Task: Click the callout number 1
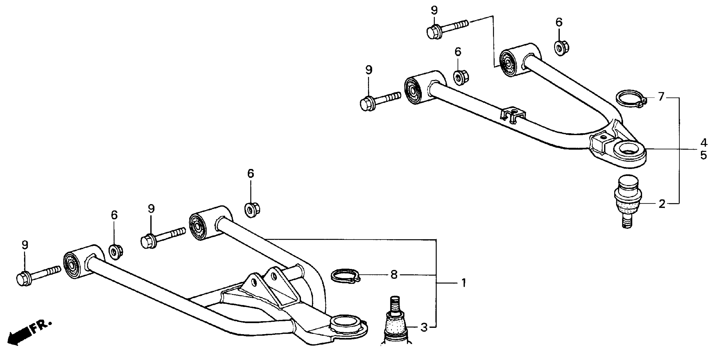pyautogui.click(x=464, y=283)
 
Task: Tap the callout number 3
pyautogui.click(x=424, y=327)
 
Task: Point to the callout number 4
pyautogui.click(x=704, y=143)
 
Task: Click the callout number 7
pyautogui.click(x=661, y=97)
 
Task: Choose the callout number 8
pyautogui.click(x=394, y=275)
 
